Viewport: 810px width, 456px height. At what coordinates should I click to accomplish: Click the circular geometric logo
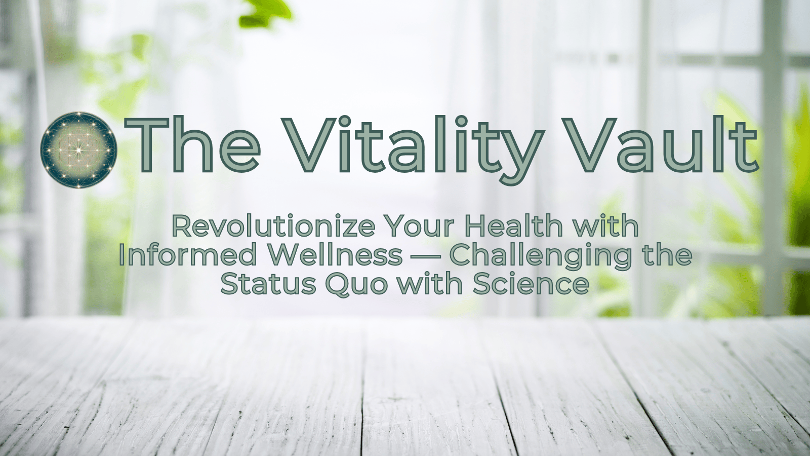tap(79, 150)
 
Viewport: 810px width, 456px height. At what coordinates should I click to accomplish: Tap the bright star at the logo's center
tap(78, 149)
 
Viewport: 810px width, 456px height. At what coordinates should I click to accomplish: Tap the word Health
tap(514, 225)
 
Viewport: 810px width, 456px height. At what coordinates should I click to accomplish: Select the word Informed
tap(188, 254)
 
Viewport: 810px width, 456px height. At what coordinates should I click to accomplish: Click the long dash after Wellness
tap(426, 256)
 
